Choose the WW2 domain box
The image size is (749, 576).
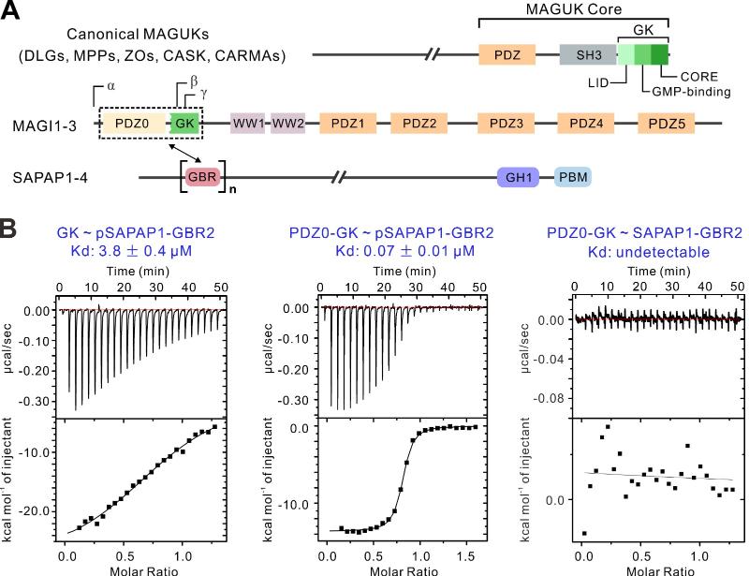(x=288, y=123)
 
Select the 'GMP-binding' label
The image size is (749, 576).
(x=683, y=92)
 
